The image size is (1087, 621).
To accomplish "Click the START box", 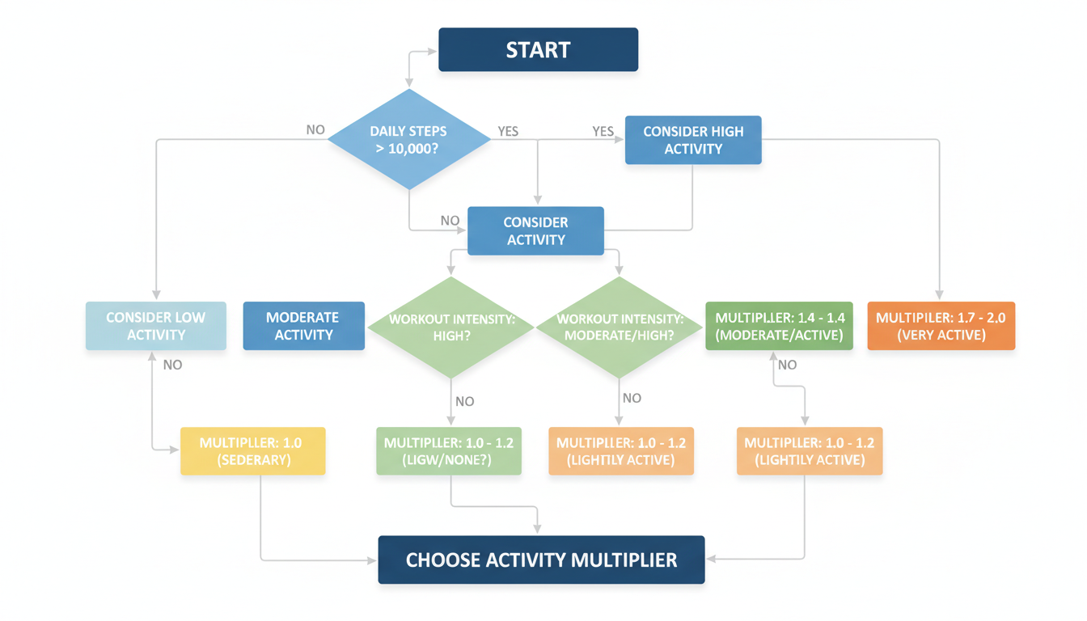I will pyautogui.click(x=538, y=50).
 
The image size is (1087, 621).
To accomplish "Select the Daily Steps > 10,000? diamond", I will pyautogui.click(x=409, y=140).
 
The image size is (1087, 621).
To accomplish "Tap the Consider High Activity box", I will pyautogui.click(x=693, y=140).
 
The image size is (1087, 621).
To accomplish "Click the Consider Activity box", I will pyautogui.click(x=535, y=230).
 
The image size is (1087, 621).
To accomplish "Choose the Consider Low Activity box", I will pyautogui.click(x=155, y=326).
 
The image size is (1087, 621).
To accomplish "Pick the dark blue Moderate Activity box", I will pyautogui.click(x=303, y=326).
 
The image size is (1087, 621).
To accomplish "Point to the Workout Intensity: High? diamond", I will pyautogui.click(x=451, y=327).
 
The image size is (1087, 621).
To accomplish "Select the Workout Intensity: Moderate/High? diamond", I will pyautogui.click(x=620, y=327).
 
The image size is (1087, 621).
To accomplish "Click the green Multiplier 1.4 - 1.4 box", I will pyautogui.click(x=779, y=326).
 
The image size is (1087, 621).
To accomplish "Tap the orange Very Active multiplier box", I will pyautogui.click(x=941, y=326).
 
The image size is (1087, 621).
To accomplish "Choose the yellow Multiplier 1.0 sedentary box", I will pyautogui.click(x=252, y=451).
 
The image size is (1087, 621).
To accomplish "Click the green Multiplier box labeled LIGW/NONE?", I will pyautogui.click(x=449, y=451).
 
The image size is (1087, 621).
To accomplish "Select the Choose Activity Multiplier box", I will pyautogui.click(x=541, y=560).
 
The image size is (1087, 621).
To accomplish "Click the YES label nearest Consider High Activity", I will pyautogui.click(x=603, y=132).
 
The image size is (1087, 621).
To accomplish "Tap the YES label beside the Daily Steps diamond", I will pyautogui.click(x=508, y=132).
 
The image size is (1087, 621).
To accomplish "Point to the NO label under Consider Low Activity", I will pyautogui.click(x=172, y=365).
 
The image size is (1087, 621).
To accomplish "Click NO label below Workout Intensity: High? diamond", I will pyautogui.click(x=465, y=401).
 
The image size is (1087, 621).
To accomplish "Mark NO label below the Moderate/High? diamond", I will pyautogui.click(x=632, y=398).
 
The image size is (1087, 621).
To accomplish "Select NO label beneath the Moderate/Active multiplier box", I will pyautogui.click(x=787, y=365).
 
